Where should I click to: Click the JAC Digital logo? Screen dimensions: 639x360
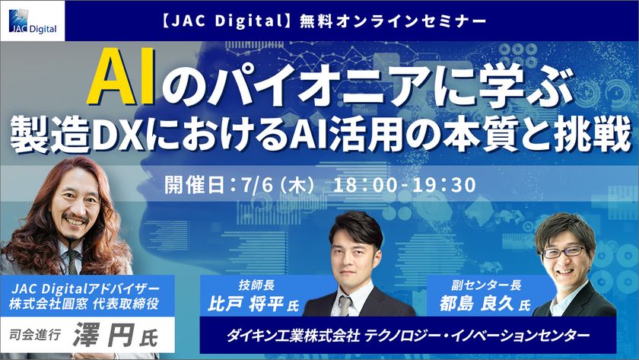33,21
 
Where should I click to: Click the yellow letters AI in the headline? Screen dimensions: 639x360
121,77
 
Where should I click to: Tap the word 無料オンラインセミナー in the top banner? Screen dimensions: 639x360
393,21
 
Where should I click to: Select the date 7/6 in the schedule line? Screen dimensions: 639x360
257,185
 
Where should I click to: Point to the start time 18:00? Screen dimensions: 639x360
364,185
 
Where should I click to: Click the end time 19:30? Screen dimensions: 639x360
443,185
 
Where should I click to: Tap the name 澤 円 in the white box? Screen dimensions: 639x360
103,336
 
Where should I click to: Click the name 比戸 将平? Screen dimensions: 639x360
245,304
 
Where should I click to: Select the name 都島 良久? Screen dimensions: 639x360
476,304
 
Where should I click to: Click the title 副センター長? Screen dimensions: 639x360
486,285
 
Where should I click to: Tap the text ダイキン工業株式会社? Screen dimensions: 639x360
294,336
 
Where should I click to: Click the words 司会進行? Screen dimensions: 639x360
35,335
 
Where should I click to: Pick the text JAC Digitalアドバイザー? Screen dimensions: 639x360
85,288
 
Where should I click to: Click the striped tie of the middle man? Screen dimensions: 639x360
345,306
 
